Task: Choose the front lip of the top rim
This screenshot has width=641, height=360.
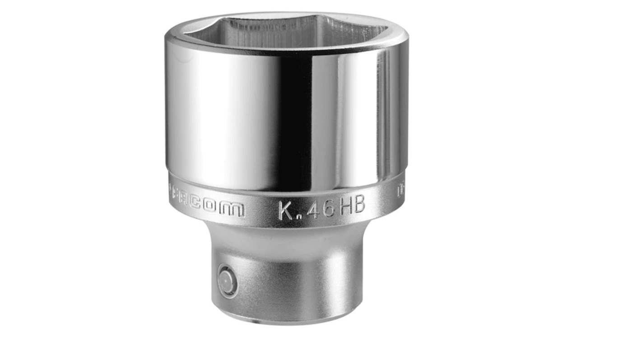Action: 286,51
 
